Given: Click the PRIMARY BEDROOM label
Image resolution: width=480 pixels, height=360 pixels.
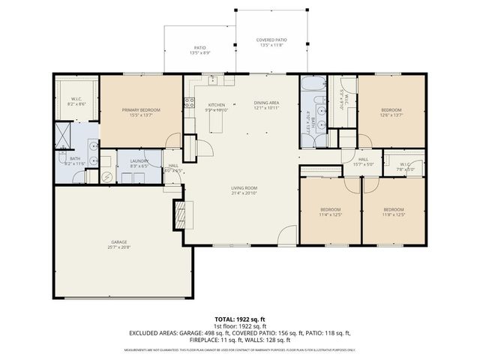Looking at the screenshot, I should pos(141,109).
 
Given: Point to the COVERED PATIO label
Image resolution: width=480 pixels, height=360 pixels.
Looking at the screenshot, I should pos(271,40).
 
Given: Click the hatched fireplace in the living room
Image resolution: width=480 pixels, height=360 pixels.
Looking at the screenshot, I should pos(179,215).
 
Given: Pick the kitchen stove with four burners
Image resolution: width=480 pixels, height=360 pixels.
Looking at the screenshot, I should pos(190,103).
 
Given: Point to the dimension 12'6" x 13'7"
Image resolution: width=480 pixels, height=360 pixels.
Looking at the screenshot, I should pos(391,115).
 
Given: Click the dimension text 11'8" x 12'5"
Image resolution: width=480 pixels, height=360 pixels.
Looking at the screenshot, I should pos(394,214).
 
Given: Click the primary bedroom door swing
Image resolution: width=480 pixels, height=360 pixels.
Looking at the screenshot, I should pos(173,141).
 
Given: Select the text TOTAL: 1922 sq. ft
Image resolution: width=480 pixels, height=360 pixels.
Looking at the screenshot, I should pos(239,318).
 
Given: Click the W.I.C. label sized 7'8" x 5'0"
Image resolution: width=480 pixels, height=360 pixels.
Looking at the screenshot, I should pos(405,167).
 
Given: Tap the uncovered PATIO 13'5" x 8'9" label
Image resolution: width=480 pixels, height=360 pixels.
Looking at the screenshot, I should pos(199,50).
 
